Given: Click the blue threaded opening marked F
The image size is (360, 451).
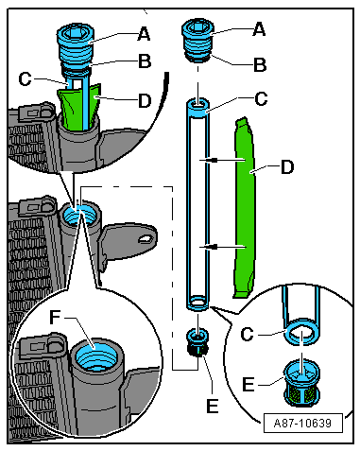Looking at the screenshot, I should (x=93, y=357).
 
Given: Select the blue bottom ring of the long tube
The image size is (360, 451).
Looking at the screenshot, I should (x=199, y=304).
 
